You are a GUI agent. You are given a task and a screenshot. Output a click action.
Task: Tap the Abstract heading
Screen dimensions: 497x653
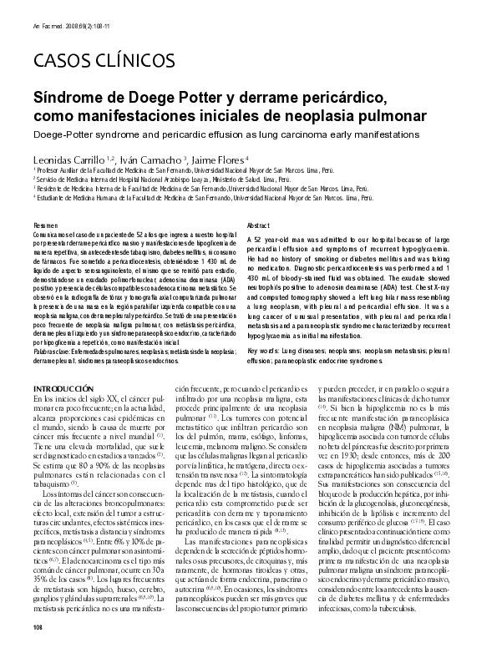[260, 226]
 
